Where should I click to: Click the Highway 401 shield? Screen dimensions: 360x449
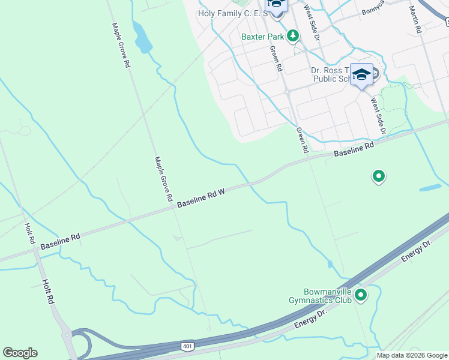point(187,346)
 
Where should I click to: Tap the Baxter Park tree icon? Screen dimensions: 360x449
point(293,36)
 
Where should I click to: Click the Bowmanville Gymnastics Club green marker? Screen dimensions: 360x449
point(361,295)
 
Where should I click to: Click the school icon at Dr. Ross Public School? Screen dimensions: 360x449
point(361,74)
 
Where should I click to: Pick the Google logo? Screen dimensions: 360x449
point(20,353)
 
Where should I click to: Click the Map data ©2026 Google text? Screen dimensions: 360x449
point(412,355)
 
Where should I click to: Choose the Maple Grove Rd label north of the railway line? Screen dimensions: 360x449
point(121,45)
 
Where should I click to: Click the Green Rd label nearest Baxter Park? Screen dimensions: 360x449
point(276,59)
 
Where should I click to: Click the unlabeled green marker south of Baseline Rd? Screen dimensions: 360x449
point(379,176)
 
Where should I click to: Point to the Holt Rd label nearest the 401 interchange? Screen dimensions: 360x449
point(49,293)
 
